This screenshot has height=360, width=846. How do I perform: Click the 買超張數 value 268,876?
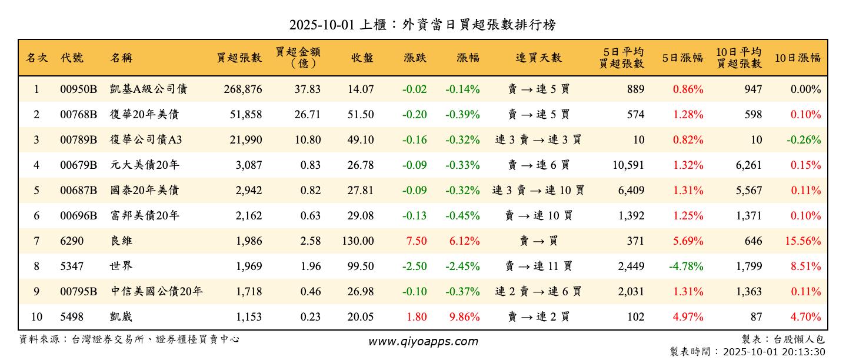[x=242, y=89]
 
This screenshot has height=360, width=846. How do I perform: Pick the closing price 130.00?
[x=357, y=241]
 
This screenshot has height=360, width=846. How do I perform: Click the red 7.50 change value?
[x=416, y=241]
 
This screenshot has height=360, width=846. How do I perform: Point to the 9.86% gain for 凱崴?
[x=464, y=316]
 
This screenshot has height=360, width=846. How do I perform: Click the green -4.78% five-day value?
[x=686, y=266]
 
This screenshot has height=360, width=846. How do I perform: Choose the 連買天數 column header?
[x=538, y=58]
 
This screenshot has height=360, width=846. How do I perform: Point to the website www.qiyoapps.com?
[x=423, y=341]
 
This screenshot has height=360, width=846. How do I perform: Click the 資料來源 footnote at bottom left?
[x=129, y=339]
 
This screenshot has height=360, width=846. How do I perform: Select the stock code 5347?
[x=72, y=266]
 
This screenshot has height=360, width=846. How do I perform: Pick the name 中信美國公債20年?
[x=156, y=291]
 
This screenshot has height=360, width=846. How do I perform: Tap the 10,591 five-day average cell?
[x=628, y=165]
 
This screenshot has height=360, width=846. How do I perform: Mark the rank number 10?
[x=36, y=316]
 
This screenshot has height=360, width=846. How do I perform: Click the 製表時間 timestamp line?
[x=747, y=352]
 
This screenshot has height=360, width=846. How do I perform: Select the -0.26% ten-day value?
[x=805, y=140]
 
